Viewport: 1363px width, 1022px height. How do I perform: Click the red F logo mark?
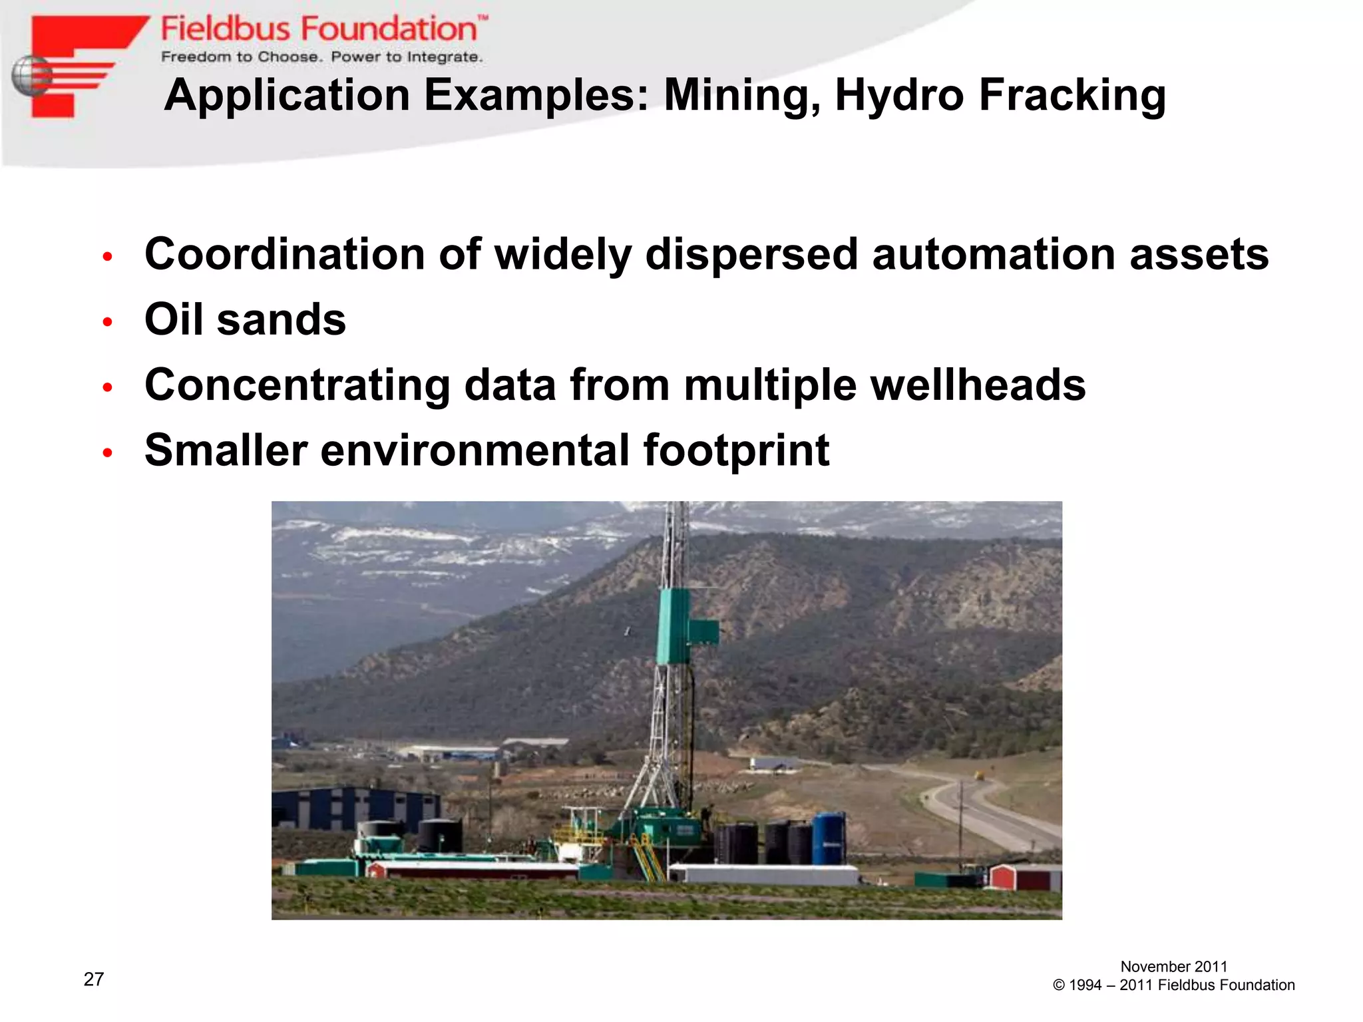pos(80,63)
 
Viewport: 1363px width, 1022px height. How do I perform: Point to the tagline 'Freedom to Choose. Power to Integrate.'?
pos(321,57)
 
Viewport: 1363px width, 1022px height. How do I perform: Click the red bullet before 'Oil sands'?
pos(108,322)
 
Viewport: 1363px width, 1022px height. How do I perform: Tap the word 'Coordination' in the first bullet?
pos(285,254)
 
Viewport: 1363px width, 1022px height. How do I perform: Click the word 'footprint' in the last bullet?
pos(735,450)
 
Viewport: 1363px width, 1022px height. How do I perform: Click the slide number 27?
pos(94,979)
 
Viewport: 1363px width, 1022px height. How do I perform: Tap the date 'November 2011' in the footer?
pos(1173,966)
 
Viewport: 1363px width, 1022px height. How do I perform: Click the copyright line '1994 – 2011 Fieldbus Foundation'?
pos(1173,985)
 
